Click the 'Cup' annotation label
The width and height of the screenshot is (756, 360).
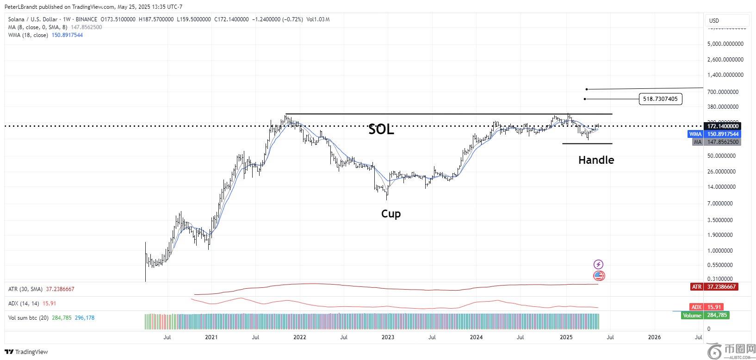(x=391, y=214)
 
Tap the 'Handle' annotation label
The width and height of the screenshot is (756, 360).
(x=596, y=160)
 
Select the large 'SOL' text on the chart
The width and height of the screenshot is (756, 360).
(x=381, y=130)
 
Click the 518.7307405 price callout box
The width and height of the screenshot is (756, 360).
(x=660, y=99)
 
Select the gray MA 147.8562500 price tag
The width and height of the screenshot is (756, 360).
(x=716, y=142)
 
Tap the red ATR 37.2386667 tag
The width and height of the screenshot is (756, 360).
(x=713, y=287)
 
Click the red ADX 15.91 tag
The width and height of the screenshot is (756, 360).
(x=706, y=307)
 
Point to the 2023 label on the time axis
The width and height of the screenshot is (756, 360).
(x=388, y=337)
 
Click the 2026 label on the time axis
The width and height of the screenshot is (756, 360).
(x=654, y=337)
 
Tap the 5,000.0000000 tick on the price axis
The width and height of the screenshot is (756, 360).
(x=725, y=44)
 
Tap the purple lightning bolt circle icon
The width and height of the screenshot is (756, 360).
(x=598, y=265)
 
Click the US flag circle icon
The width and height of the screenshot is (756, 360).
(x=599, y=276)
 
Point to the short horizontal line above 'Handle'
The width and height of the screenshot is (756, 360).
(x=587, y=143)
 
